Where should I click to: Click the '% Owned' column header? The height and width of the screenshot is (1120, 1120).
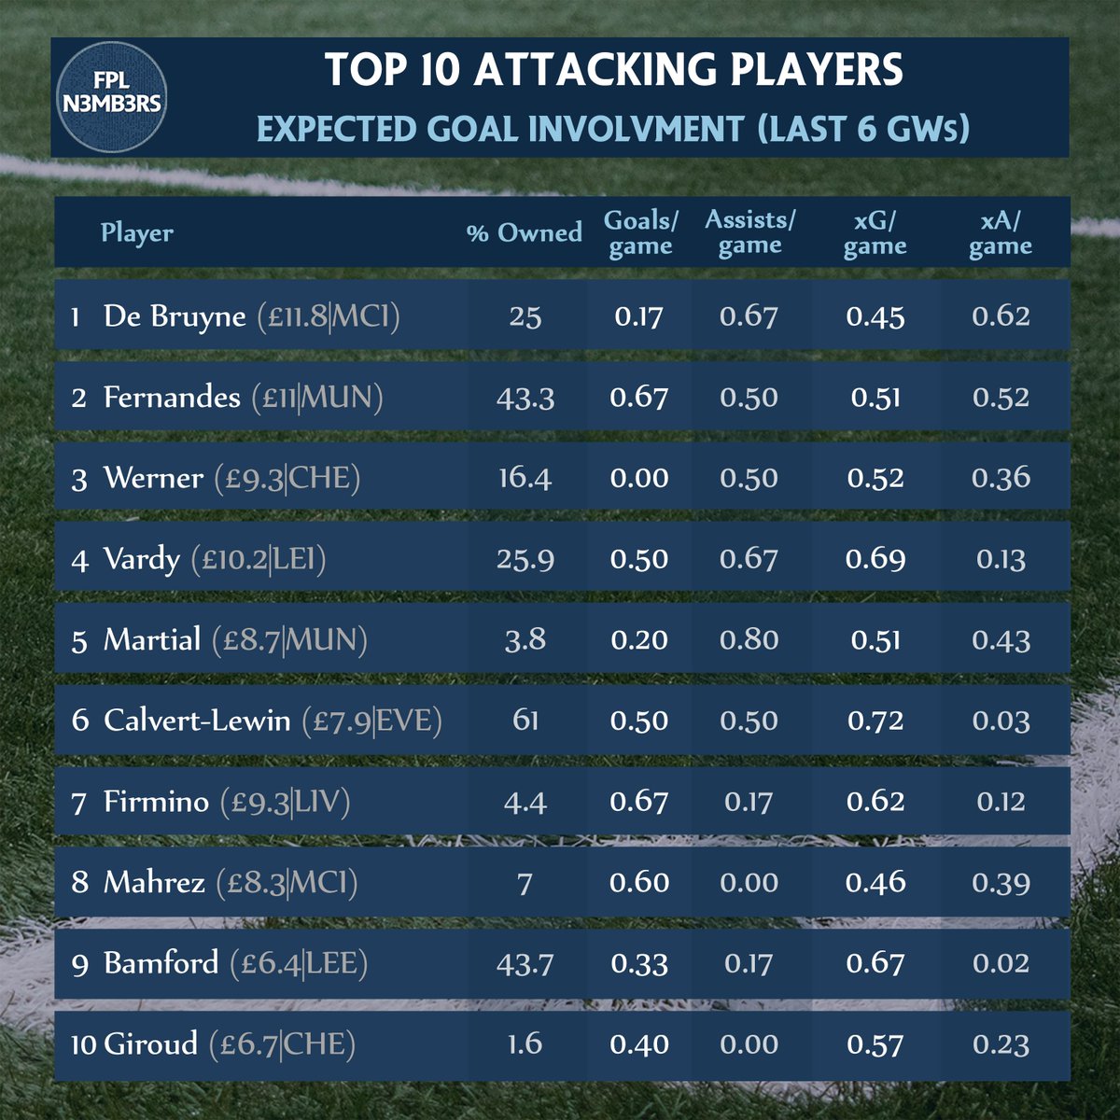point(524,232)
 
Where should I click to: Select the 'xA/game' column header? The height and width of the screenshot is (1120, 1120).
point(1001,232)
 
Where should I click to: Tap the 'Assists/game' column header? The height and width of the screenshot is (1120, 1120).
point(750,232)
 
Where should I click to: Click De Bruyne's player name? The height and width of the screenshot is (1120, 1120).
point(175,316)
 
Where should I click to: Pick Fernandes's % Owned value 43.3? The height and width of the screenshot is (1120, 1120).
point(525,398)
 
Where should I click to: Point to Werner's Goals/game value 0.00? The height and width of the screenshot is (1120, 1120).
point(639,478)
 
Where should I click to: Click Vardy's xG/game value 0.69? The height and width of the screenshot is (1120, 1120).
point(875,559)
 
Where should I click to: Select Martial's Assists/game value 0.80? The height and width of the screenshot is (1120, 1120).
point(749,640)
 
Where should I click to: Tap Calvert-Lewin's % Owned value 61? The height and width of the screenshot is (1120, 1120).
point(525,721)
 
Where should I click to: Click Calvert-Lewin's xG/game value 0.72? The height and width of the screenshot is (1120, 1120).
point(875,721)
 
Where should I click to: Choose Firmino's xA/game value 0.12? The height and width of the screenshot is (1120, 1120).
point(1001,802)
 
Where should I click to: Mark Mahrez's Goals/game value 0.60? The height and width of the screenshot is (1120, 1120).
point(639,882)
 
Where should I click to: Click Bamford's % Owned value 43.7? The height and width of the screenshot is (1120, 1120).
point(525,963)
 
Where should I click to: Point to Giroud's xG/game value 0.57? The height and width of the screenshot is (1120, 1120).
point(875,1044)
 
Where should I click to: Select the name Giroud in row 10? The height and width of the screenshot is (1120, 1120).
point(150,1043)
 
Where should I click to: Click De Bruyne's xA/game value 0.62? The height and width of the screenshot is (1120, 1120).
point(1001,316)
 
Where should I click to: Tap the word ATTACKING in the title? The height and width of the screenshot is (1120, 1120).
point(582,72)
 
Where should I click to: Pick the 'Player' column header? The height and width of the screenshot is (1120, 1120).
point(137,232)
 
